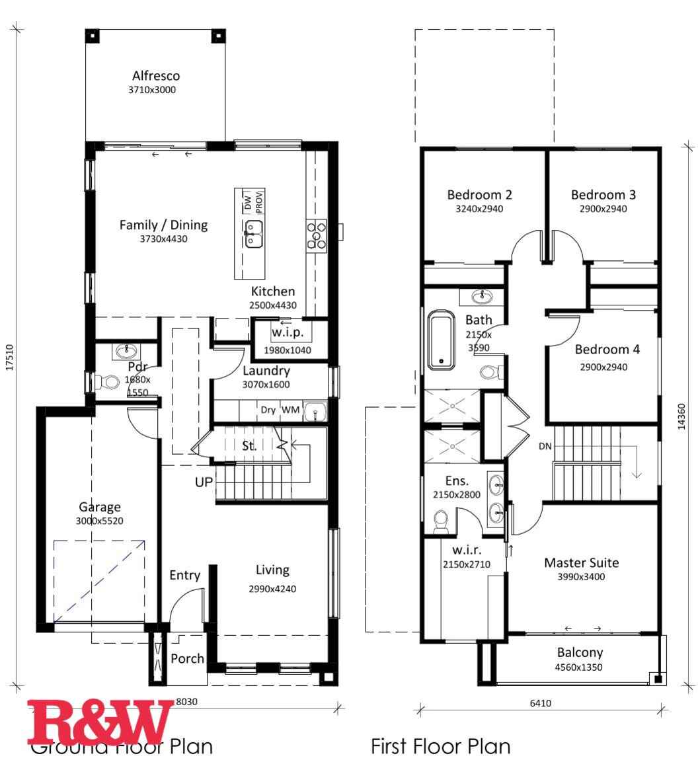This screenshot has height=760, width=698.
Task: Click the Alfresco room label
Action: [155, 76]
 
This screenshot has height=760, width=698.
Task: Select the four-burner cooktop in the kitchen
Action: [317, 234]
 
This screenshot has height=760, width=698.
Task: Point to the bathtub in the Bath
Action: [441, 340]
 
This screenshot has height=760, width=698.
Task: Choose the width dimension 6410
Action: [540, 703]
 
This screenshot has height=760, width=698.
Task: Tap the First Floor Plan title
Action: [441, 747]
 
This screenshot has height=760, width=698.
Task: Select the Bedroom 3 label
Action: [603, 195]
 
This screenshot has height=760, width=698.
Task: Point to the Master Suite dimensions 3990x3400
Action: [582, 577]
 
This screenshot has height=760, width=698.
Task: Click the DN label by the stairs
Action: [545, 446]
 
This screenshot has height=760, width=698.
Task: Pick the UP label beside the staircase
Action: [204, 482]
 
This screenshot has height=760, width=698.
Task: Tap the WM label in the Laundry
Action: [291, 410]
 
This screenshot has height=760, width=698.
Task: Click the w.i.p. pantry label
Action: [287, 332]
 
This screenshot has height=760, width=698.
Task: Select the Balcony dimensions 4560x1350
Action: [579, 667]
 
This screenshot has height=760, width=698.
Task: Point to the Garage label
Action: [100, 507]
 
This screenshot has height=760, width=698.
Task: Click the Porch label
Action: [187, 658]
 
